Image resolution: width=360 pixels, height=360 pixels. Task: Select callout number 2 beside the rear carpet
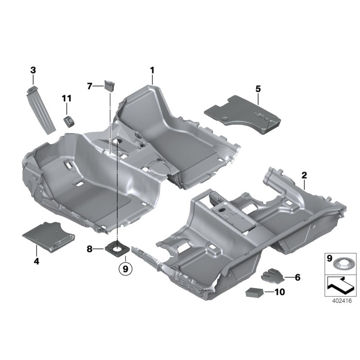pyautogui.click(x=304, y=175)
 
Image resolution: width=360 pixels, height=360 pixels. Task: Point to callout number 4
pyautogui.click(x=36, y=261)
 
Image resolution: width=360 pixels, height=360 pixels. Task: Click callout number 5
pyautogui.click(x=258, y=89)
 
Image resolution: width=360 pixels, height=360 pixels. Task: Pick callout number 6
pyautogui.click(x=297, y=277)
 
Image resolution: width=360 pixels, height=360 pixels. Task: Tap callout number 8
pyautogui.click(x=90, y=248)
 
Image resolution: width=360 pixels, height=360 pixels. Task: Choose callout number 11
pyautogui.click(x=67, y=98)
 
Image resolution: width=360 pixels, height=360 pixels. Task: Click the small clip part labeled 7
pyautogui.click(x=110, y=85)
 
